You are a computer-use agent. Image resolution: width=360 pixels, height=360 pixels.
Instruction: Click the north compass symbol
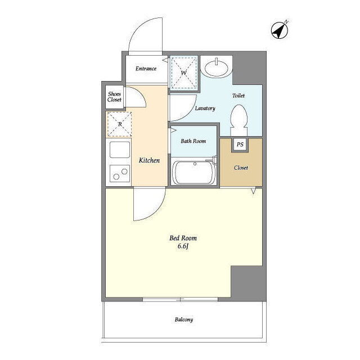pyautogui.click(x=280, y=30)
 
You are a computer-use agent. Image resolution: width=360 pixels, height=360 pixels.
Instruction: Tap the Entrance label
pyautogui.click(x=146, y=69)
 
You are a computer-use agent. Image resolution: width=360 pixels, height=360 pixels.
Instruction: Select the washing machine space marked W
pyautogui.click(x=184, y=73)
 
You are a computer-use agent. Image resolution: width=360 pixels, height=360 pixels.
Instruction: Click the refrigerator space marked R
pyautogui.click(x=119, y=124)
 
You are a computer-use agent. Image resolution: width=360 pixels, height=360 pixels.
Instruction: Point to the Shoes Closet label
pyautogui.click(x=114, y=97)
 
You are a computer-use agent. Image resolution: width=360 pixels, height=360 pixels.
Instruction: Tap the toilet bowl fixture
pyautogui.click(x=239, y=120)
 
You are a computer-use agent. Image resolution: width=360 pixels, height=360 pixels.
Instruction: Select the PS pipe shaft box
pyautogui.click(x=240, y=145)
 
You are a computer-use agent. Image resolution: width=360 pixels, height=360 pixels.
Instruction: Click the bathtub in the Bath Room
pyautogui.click(x=194, y=172)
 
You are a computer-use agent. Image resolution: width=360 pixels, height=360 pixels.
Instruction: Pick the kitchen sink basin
pyautogui.click(x=120, y=150)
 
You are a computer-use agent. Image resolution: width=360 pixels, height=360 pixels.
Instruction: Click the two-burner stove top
pyautogui.click(x=120, y=174)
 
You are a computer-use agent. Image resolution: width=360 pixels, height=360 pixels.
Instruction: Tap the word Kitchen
pyautogui.click(x=149, y=160)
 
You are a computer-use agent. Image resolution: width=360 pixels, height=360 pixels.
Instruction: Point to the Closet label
pyautogui.click(x=241, y=168)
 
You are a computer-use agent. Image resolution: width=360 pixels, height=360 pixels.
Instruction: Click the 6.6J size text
pyautogui.click(x=183, y=246)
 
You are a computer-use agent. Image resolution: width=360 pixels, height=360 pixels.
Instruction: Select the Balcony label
pyautogui.click(x=184, y=319)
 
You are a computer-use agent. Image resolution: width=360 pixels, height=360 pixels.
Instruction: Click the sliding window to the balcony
pyautogui.click(x=180, y=299)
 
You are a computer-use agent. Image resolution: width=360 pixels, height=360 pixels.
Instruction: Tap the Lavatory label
pyautogui.click(x=205, y=108)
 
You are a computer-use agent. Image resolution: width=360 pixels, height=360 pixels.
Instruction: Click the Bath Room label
pyautogui.click(x=193, y=141)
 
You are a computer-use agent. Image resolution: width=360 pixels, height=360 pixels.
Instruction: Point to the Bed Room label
pyautogui.click(x=183, y=238)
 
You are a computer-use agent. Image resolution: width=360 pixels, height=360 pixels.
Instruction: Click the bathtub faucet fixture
pyautogui.click(x=213, y=160)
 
